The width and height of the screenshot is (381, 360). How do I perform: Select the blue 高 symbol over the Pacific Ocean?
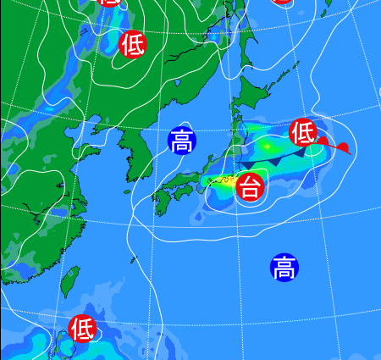[x=284, y=268]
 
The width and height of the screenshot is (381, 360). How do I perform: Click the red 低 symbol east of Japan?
[x=302, y=132]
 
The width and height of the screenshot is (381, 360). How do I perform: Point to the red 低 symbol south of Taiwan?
[x=82, y=326]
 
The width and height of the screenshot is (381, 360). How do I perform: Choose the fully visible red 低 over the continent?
[x=132, y=43]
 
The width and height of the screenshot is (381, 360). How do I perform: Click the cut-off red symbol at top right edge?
[x=283, y=2]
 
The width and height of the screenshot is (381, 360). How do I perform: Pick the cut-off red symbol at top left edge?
[x=108, y=2]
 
